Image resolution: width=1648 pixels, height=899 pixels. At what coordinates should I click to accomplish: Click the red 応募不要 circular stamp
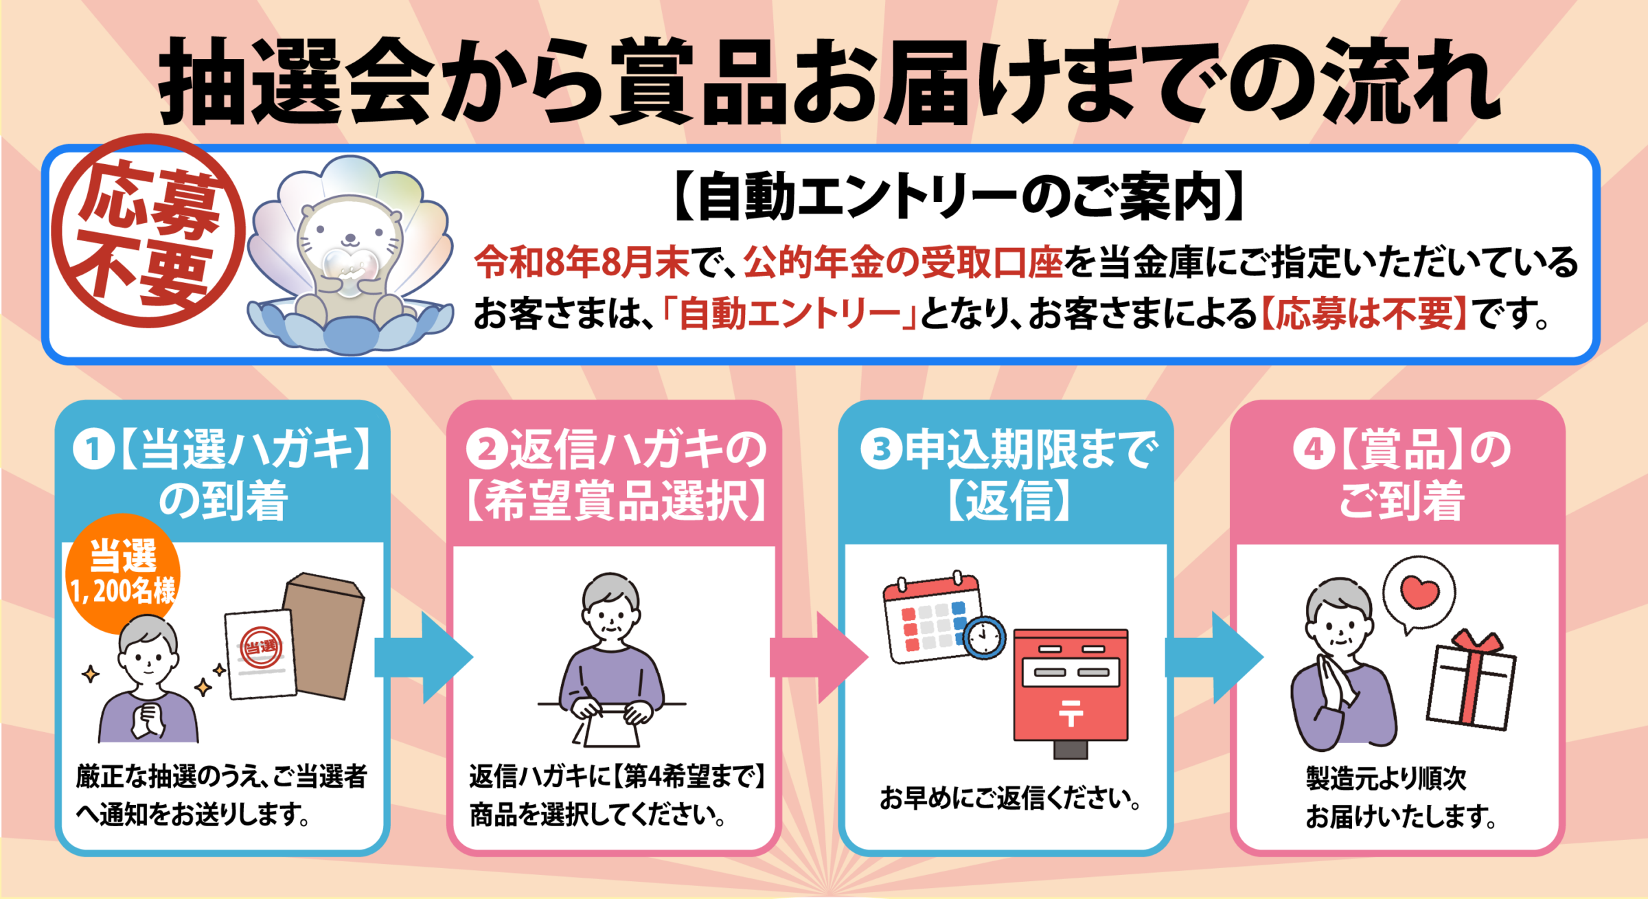click(x=148, y=231)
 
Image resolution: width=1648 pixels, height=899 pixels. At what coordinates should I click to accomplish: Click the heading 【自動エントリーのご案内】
click(x=960, y=197)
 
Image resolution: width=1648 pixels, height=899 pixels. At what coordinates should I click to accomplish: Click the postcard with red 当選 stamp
click(x=260, y=654)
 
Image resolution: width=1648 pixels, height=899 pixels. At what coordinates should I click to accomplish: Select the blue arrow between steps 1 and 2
click(x=424, y=657)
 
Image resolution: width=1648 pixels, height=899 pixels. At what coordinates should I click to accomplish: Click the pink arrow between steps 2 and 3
click(x=819, y=657)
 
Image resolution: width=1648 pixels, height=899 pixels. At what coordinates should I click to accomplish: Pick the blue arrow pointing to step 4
click(x=1214, y=657)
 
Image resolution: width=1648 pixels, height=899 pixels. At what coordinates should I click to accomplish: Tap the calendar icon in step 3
click(x=932, y=616)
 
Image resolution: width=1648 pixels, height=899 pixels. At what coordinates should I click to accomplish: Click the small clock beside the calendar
click(x=984, y=638)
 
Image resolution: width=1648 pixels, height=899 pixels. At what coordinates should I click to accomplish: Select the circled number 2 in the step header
click(x=487, y=450)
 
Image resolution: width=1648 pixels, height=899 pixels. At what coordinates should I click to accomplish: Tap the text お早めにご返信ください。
click(x=1010, y=797)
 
